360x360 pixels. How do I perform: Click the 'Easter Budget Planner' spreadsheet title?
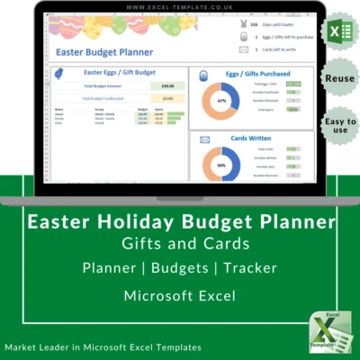coord(101,53)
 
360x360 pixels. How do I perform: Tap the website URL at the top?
coord(180,7)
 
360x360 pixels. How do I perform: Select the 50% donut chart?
coord(221,166)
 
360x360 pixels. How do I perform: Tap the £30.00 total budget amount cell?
coord(167,86)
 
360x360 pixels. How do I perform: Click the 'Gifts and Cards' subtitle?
coord(179,243)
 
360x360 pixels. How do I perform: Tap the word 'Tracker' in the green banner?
coord(246,268)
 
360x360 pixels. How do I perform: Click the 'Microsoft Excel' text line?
coord(179,295)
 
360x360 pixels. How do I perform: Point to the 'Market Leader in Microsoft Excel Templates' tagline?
coord(103,346)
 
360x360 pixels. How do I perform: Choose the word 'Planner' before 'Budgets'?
coord(110,268)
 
